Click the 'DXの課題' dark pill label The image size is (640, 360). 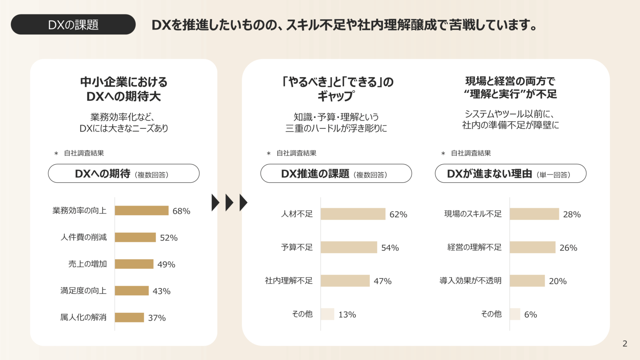[x=73, y=24]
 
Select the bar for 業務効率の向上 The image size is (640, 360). [x=142, y=210]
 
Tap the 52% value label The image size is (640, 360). [x=168, y=238]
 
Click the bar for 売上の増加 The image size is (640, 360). [x=134, y=264]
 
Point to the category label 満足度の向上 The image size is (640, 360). [x=83, y=291]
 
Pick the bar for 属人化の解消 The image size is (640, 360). [x=129, y=318]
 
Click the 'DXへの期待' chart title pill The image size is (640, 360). [x=124, y=174]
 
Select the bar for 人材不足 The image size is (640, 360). [x=353, y=214]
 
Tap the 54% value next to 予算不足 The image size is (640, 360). [x=390, y=248]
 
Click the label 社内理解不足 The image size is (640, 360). [x=288, y=281]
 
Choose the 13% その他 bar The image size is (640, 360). [x=327, y=314]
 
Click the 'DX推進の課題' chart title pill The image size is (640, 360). [x=336, y=174]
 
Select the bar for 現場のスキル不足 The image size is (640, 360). [x=534, y=214]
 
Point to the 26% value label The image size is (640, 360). [x=568, y=248]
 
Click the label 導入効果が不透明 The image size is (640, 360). [x=470, y=281]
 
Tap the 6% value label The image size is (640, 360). [x=530, y=314]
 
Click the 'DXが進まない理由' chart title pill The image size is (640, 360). [x=510, y=174]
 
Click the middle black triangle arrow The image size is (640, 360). [x=229, y=202]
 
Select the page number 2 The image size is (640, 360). [x=625, y=344]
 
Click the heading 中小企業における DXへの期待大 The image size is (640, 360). [x=124, y=89]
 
